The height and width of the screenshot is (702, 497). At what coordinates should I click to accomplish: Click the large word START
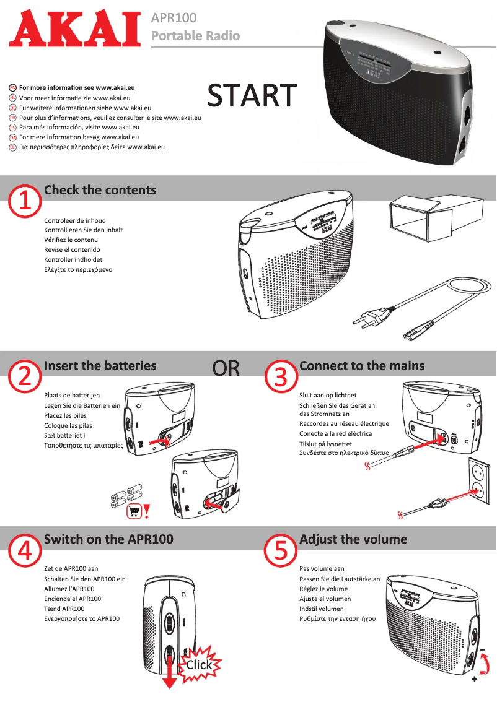(x=252, y=96)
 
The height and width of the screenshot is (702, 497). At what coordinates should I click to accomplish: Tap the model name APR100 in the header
(x=174, y=19)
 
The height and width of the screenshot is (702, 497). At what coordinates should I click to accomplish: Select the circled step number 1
(x=25, y=201)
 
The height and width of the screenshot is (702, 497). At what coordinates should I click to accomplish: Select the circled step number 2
(x=25, y=376)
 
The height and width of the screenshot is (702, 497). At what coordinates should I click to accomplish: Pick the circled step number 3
(x=281, y=376)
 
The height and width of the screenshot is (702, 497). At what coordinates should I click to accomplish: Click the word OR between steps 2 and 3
(x=226, y=368)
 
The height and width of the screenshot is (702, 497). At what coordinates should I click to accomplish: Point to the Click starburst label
(x=199, y=665)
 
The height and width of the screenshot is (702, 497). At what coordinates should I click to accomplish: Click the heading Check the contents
(x=100, y=190)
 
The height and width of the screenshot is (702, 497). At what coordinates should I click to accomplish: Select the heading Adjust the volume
(x=353, y=539)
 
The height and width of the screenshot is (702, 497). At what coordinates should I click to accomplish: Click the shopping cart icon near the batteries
(x=134, y=511)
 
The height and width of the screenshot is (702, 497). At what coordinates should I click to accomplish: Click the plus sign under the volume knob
(x=474, y=679)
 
